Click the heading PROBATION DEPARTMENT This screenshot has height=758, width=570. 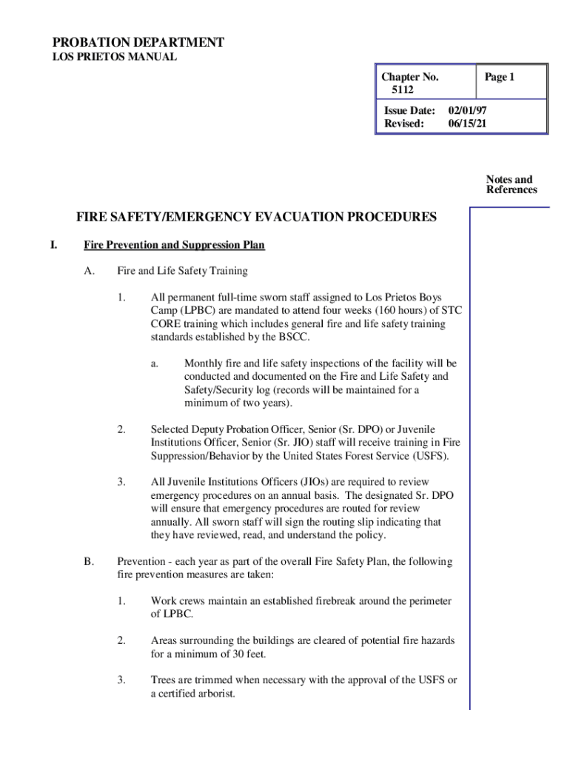tap(137, 42)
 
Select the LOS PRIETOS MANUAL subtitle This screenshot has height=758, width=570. tap(113, 57)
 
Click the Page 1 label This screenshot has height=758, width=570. tap(499, 77)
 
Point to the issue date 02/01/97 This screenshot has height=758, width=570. tap(468, 110)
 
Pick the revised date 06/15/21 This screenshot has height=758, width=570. tap(468, 123)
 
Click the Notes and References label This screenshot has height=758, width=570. tap(511, 184)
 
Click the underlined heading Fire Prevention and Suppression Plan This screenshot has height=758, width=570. tap(174, 244)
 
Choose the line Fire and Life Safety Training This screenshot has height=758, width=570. tap(181, 271)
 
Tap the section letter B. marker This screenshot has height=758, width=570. tap(88, 562)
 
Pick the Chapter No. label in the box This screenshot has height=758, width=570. tap(409, 77)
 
